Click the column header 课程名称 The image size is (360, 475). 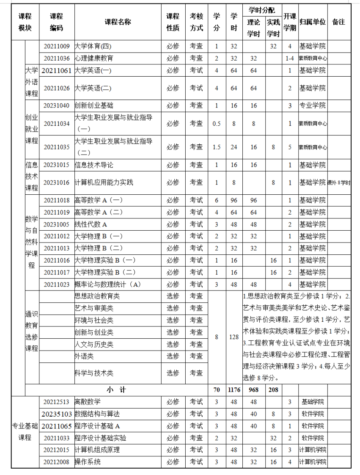pyautogui.click(x=118, y=22)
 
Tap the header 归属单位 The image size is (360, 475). pyautogui.click(x=313, y=22)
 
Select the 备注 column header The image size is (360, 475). pyautogui.click(x=338, y=22)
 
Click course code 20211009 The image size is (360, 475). pyautogui.click(x=56, y=46)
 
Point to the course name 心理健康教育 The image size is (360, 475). pyautogui.click(x=94, y=58)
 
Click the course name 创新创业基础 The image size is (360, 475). pyautogui.click(x=94, y=105)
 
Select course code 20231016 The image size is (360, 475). pyautogui.click(x=56, y=182)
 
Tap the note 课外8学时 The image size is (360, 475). pyautogui.click(x=339, y=183)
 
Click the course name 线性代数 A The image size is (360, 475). pyautogui.click(x=91, y=224)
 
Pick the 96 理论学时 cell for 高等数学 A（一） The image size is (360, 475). pyautogui.click(x=253, y=200)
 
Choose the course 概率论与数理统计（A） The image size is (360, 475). pyautogui.click(x=107, y=284)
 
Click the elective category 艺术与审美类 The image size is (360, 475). pyautogui.click(x=94, y=308)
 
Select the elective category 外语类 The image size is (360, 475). pyautogui.click(x=84, y=356)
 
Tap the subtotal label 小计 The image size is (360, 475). pyautogui.click(x=116, y=389)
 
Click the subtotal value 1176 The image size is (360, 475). pyautogui.click(x=234, y=389)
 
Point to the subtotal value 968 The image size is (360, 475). pyautogui.click(x=253, y=389)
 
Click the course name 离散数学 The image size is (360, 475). pyautogui.click(x=88, y=401)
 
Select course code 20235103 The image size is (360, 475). pyautogui.click(x=57, y=414)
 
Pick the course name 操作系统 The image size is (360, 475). pyautogui.click(x=88, y=461)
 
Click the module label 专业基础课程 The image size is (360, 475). pyautogui.click(x=25, y=431)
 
